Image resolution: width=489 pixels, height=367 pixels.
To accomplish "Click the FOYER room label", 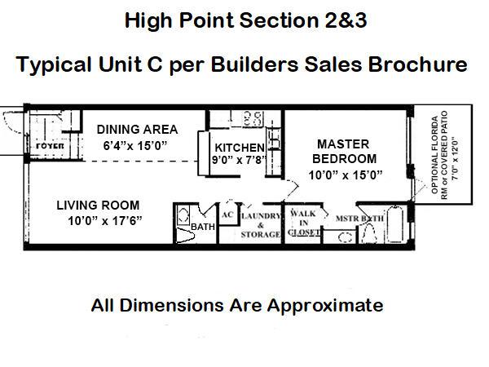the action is click(50, 146).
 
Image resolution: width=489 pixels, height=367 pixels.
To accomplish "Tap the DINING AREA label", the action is click(137, 130).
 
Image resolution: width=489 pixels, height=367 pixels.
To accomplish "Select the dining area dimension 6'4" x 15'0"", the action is click(135, 146).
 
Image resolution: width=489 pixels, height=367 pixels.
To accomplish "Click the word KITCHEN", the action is click(240, 148).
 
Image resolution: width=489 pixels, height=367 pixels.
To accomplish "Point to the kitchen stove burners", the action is click(253, 118).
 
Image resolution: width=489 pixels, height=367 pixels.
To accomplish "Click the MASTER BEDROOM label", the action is click(344, 152).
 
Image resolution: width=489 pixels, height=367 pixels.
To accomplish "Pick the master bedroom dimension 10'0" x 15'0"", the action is click(346, 175).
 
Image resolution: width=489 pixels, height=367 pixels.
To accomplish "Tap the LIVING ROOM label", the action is click(98, 206).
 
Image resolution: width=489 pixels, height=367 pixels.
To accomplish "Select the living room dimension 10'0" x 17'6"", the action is click(105, 221).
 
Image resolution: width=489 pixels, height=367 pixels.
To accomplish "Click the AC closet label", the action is click(227, 214).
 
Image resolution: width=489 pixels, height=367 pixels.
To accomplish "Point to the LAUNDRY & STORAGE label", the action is click(261, 225).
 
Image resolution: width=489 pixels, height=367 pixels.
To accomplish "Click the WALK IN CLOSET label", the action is click(303, 223).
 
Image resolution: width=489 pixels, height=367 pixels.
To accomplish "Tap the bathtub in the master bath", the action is click(395, 223).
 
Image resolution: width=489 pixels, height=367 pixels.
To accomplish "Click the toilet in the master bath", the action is click(370, 233).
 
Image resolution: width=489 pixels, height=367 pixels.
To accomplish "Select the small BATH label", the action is click(203, 227).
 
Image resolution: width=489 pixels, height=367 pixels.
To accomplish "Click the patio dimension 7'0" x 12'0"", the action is click(456, 157).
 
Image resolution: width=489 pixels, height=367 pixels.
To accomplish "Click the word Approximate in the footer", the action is click(325, 305).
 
